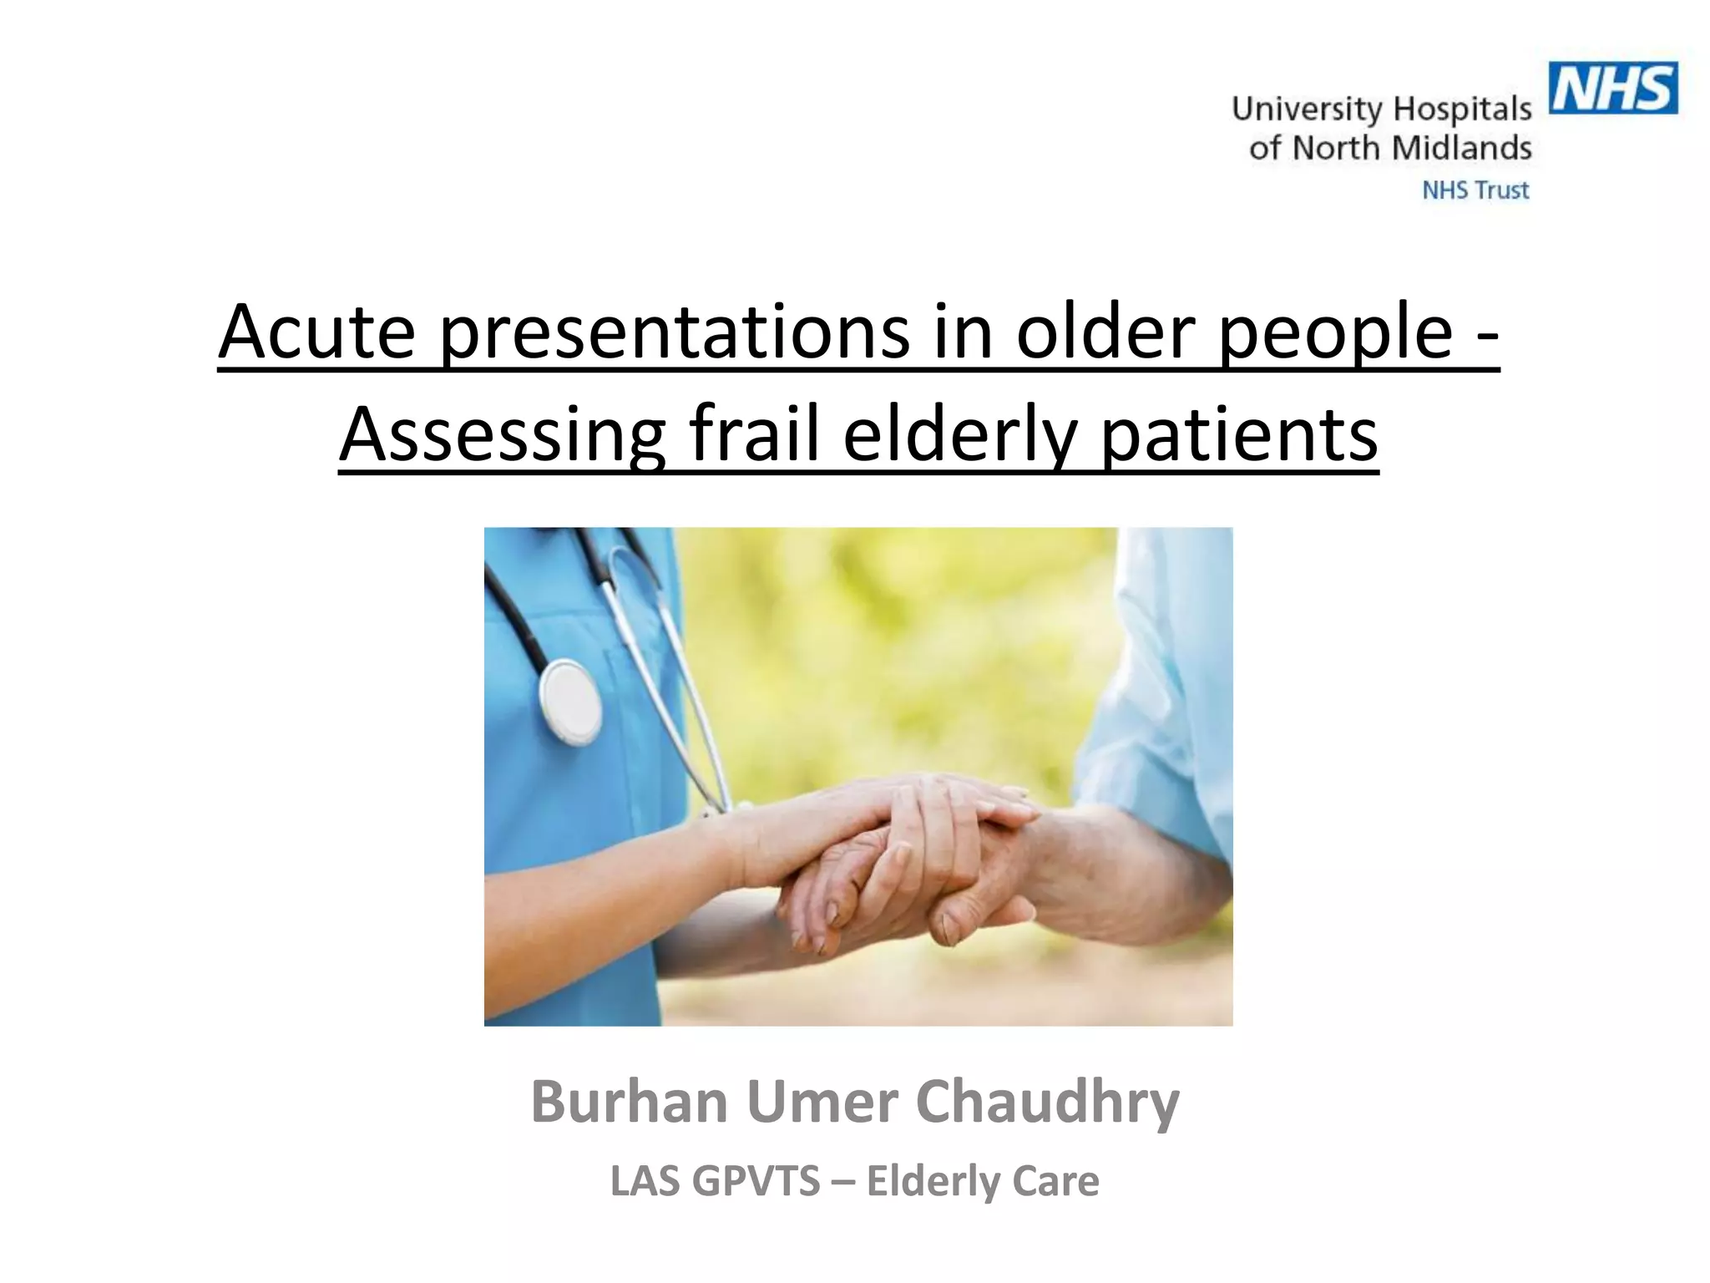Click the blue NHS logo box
[1612, 88]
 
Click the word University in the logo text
[1307, 109]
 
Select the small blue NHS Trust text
[1475, 190]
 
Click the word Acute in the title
[317, 332]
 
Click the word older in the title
[1104, 332]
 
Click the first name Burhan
[630, 1102]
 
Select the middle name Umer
[822, 1102]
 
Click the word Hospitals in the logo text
[1462, 109]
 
